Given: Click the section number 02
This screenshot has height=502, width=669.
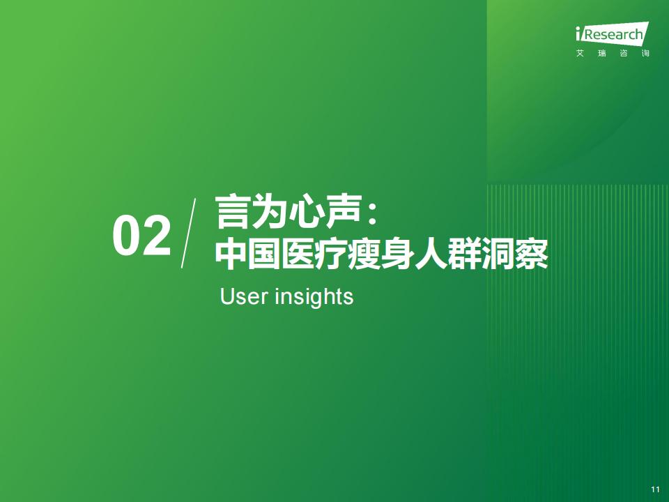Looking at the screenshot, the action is point(141,236).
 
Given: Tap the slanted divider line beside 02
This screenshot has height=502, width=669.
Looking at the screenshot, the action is point(189,233).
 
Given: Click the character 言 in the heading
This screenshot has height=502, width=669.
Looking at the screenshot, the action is point(233,212).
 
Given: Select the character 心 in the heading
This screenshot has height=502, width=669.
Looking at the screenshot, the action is point(306,212).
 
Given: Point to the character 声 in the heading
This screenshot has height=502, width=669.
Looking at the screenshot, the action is point(343,212).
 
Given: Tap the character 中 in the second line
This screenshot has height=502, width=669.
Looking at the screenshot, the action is point(231,254).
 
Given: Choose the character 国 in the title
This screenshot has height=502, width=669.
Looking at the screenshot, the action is point(264,254).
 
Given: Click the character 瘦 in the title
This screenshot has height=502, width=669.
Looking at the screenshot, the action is point(364,254).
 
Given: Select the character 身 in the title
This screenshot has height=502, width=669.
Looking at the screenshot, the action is point(398,254).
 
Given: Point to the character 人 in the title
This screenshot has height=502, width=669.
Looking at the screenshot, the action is point(431,254).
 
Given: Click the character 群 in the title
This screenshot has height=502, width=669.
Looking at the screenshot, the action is point(464,254).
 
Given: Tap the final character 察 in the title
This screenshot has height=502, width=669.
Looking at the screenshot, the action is point(531,254).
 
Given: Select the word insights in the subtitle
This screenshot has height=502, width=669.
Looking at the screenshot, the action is point(314,297).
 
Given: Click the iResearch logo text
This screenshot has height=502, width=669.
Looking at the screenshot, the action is point(612,33).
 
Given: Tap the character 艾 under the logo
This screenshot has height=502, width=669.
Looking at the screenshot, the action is point(580,54).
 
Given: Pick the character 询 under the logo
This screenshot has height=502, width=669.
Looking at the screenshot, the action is point(645,54).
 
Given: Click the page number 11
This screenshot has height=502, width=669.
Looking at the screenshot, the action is point(655,489).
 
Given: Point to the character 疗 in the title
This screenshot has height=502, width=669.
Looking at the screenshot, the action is point(331,254).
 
